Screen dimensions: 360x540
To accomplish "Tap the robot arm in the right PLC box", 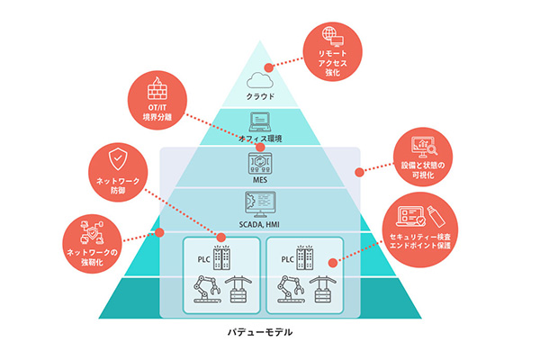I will pos(290,290).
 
